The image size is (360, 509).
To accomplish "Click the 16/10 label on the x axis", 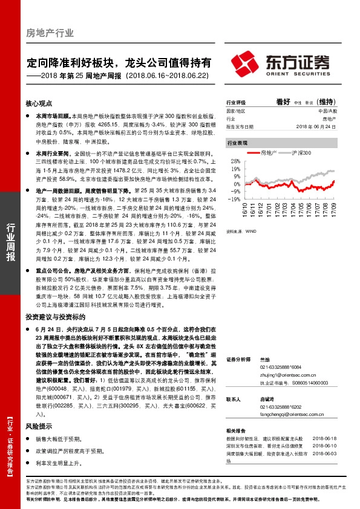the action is click(x=246, y=210).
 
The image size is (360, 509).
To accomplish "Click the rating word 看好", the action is click(x=284, y=102).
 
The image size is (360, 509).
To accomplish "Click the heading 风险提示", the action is click(x=39, y=426).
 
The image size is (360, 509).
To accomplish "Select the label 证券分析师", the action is click(x=238, y=360).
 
